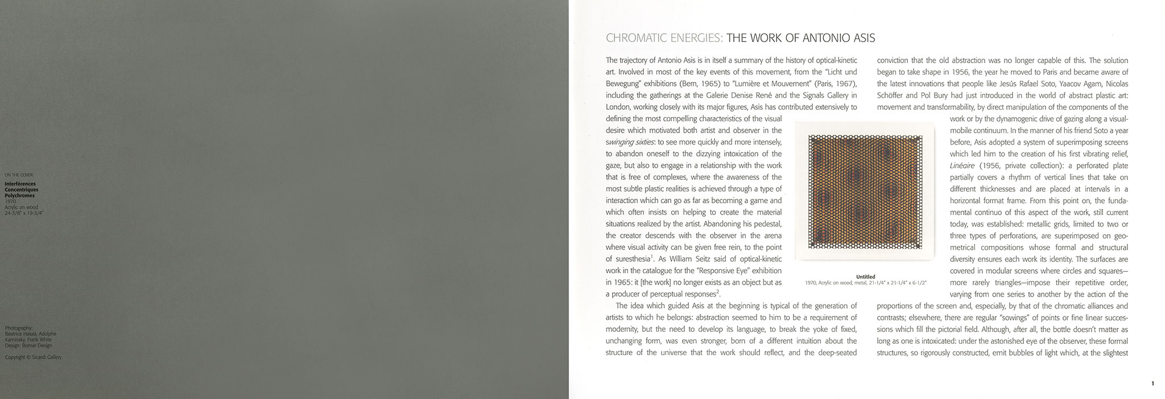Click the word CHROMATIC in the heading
(x=633, y=39)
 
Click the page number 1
(x=1152, y=384)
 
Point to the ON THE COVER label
(x=19, y=175)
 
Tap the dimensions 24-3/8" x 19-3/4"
(x=24, y=213)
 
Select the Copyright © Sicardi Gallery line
(x=33, y=357)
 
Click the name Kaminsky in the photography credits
(x=15, y=339)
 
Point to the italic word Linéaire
(x=962, y=165)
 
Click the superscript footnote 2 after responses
(x=718, y=292)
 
